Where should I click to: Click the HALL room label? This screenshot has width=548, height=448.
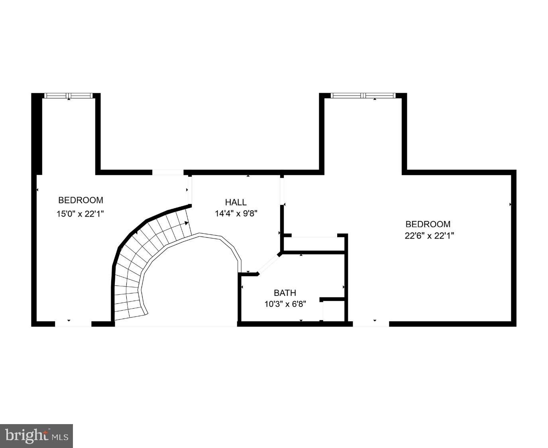pos(236,202)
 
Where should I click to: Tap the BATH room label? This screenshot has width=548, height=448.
pos(285,293)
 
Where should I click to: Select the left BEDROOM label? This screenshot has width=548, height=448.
pos(81,200)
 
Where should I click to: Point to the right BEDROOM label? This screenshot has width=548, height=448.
pos(428,224)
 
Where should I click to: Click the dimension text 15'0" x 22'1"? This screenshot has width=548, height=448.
pos(80,214)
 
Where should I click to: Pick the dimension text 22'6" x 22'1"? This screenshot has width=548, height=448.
pos(429,236)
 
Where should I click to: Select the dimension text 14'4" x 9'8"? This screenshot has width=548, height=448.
pos(236,213)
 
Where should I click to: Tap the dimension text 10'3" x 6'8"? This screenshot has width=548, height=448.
pos(285,304)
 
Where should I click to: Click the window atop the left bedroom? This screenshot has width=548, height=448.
pos(69,96)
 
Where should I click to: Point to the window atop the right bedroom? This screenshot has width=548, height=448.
pos(363,96)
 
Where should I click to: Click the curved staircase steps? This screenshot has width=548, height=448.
pos(139,255)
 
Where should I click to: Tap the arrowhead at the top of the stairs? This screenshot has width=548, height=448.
pos(186,223)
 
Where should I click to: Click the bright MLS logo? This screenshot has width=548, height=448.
pos(36,436)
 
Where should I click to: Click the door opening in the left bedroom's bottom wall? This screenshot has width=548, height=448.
pos(73,324)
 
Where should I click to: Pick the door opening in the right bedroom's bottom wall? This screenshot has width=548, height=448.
pos(371,324)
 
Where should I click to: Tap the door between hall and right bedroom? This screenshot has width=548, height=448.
pos(282,191)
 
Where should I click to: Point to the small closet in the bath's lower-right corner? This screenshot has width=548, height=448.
pos(334,310)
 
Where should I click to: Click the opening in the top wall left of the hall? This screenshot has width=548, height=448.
pos(168,172)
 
